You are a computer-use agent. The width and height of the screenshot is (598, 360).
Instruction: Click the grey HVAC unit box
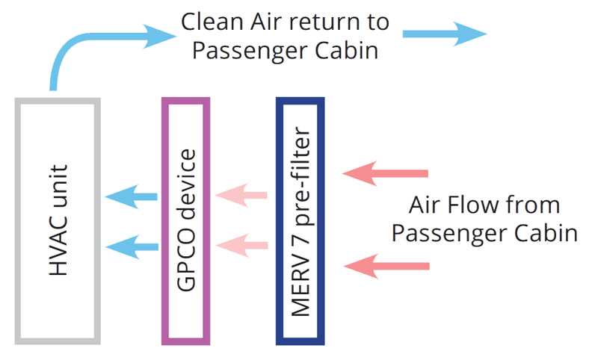pos(58,221)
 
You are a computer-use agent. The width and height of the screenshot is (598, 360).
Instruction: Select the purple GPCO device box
pos(186,221)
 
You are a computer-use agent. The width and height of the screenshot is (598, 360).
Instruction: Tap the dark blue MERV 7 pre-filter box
pos(300,221)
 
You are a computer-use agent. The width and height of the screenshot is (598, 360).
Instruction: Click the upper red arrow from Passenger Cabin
pos(386,174)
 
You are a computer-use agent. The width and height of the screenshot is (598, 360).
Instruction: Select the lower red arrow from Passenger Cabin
pos(386,266)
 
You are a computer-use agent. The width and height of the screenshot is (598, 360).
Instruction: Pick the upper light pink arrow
pos(241,196)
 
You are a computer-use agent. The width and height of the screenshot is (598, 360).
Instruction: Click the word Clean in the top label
pos(210,21)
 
